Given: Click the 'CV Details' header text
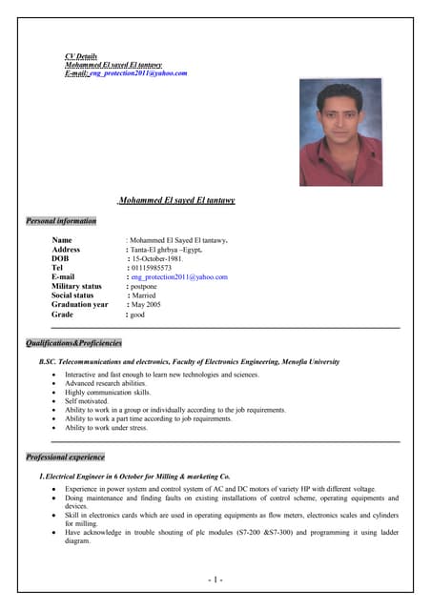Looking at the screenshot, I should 81,56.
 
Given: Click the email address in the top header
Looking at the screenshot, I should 138,72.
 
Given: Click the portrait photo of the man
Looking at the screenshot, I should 340,132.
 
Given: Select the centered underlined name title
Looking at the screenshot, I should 176,201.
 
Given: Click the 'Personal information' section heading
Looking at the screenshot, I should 62,221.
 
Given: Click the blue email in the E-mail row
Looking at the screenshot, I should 179,277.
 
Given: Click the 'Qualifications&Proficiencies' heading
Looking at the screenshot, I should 74,342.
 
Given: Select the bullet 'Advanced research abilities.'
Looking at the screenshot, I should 107,384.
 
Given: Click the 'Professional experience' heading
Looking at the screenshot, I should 66,457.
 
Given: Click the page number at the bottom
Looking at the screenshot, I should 215,579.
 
